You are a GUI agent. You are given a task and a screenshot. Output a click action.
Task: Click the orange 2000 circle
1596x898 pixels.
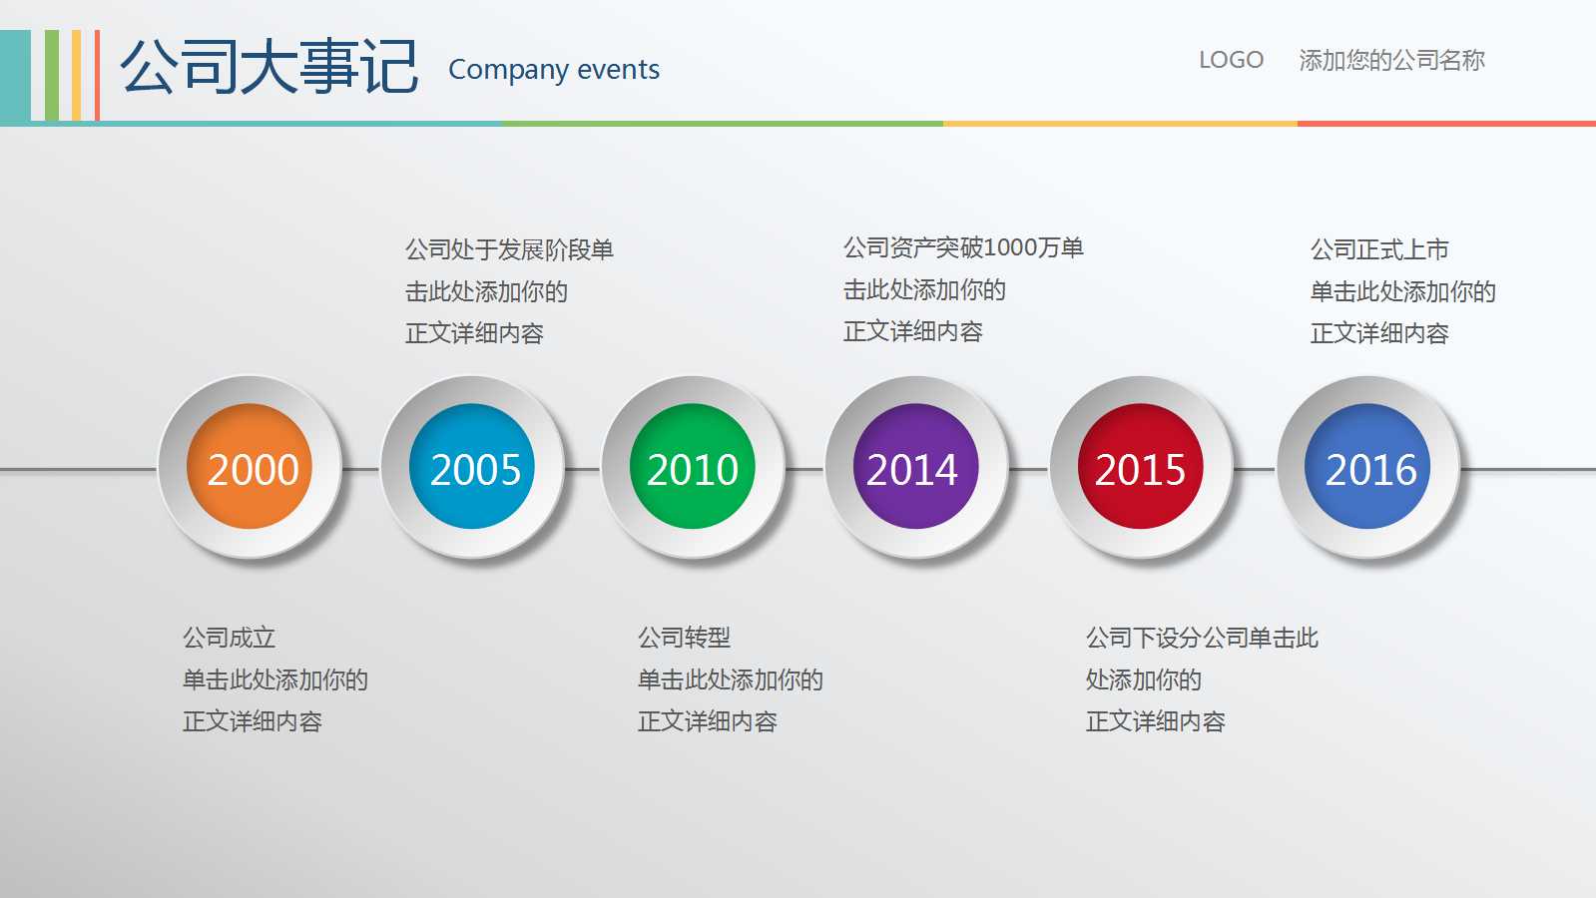(x=250, y=466)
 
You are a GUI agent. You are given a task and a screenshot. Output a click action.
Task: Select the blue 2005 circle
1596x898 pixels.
(x=472, y=466)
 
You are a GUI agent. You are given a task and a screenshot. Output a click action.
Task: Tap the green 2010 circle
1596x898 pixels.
(x=693, y=466)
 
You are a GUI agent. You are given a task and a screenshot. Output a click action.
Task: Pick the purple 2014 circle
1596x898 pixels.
(x=915, y=466)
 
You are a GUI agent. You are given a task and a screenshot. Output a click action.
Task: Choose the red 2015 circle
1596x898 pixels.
(x=1140, y=466)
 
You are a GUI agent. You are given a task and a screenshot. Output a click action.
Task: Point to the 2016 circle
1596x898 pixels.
(x=1367, y=466)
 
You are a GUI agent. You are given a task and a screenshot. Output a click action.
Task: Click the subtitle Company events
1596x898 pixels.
(x=554, y=70)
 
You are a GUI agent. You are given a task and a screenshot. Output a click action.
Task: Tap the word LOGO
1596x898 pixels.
(x=1232, y=60)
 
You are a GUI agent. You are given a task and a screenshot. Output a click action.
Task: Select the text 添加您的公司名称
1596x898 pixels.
(x=1391, y=60)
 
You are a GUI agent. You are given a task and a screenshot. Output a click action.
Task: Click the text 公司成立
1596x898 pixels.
(x=229, y=638)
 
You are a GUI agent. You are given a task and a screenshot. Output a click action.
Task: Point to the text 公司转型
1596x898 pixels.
(x=684, y=638)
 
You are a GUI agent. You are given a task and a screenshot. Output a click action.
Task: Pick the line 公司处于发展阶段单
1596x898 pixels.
(x=509, y=250)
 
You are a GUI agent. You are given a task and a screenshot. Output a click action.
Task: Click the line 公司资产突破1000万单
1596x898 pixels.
(x=963, y=247)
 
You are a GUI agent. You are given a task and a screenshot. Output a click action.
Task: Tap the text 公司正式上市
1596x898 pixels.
(x=1379, y=250)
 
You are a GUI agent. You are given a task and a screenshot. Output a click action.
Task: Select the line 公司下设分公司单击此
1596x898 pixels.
(x=1202, y=638)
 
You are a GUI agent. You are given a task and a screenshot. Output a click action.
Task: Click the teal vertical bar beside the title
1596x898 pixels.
(x=15, y=76)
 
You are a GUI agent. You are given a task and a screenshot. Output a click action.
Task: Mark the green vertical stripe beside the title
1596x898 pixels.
(x=52, y=76)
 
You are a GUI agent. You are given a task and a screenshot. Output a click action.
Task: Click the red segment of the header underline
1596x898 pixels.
(x=1446, y=124)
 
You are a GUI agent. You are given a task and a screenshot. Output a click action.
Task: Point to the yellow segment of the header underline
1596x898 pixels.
(x=1120, y=124)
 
